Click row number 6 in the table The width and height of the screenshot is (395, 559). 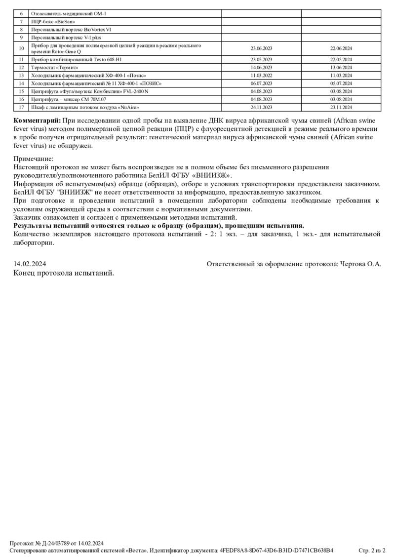pos(21,13)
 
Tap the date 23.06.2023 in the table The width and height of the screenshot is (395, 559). pos(261,48)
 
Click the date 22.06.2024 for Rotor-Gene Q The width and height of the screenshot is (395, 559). pos(341,48)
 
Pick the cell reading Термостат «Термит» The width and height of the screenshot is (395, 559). pos(54,67)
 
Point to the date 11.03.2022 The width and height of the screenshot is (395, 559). pos(261,76)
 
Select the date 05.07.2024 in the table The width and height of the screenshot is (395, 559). pos(341,83)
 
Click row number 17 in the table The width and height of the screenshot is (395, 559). pos(21,107)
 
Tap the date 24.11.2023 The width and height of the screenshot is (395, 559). pos(261,107)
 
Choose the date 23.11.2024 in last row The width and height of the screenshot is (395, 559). pos(341,107)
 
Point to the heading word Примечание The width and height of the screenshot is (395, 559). pos(34,159)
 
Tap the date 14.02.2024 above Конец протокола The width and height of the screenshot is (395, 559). pos(30,264)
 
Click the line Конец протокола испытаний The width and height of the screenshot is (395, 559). pos(64,273)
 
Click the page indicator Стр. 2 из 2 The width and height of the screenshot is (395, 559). pos(371,550)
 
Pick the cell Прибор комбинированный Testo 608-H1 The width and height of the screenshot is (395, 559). pos(77,59)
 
